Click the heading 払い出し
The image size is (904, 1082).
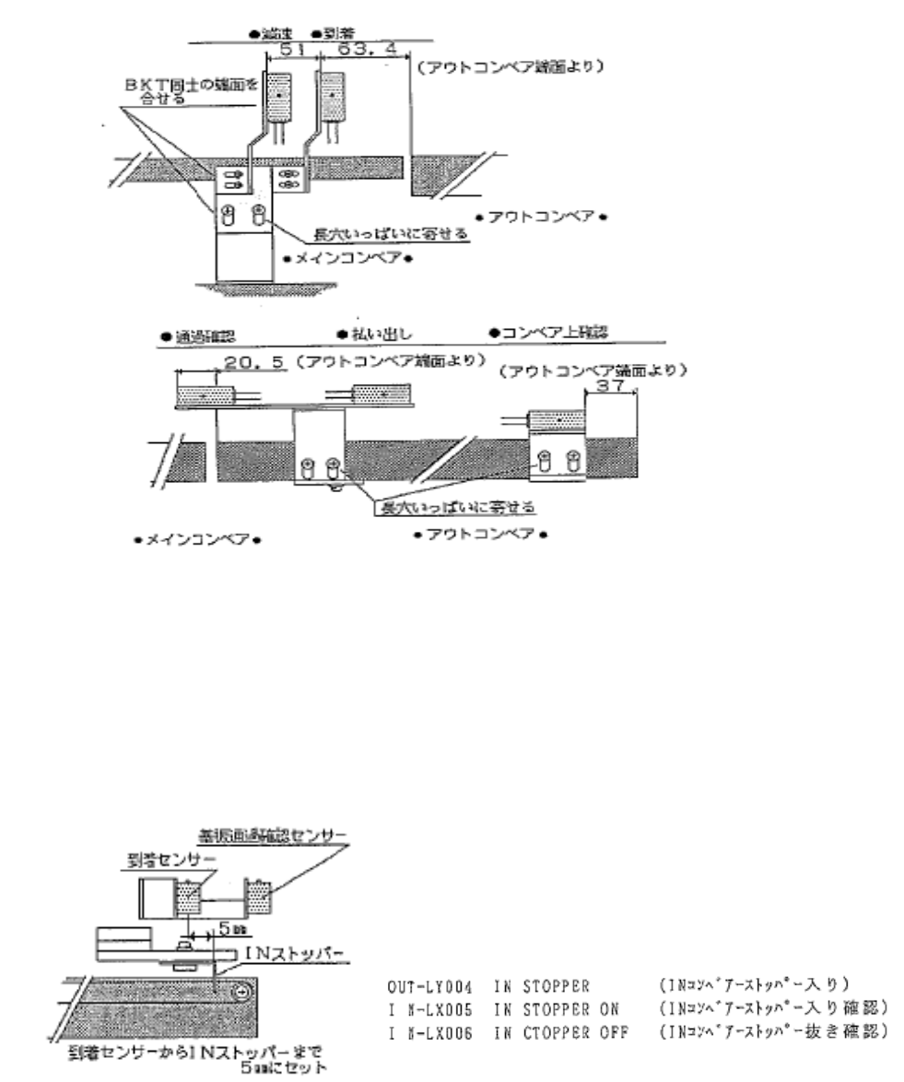[370, 332]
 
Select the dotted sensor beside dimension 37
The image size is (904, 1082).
[556, 421]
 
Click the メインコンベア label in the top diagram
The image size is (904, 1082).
[347, 258]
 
